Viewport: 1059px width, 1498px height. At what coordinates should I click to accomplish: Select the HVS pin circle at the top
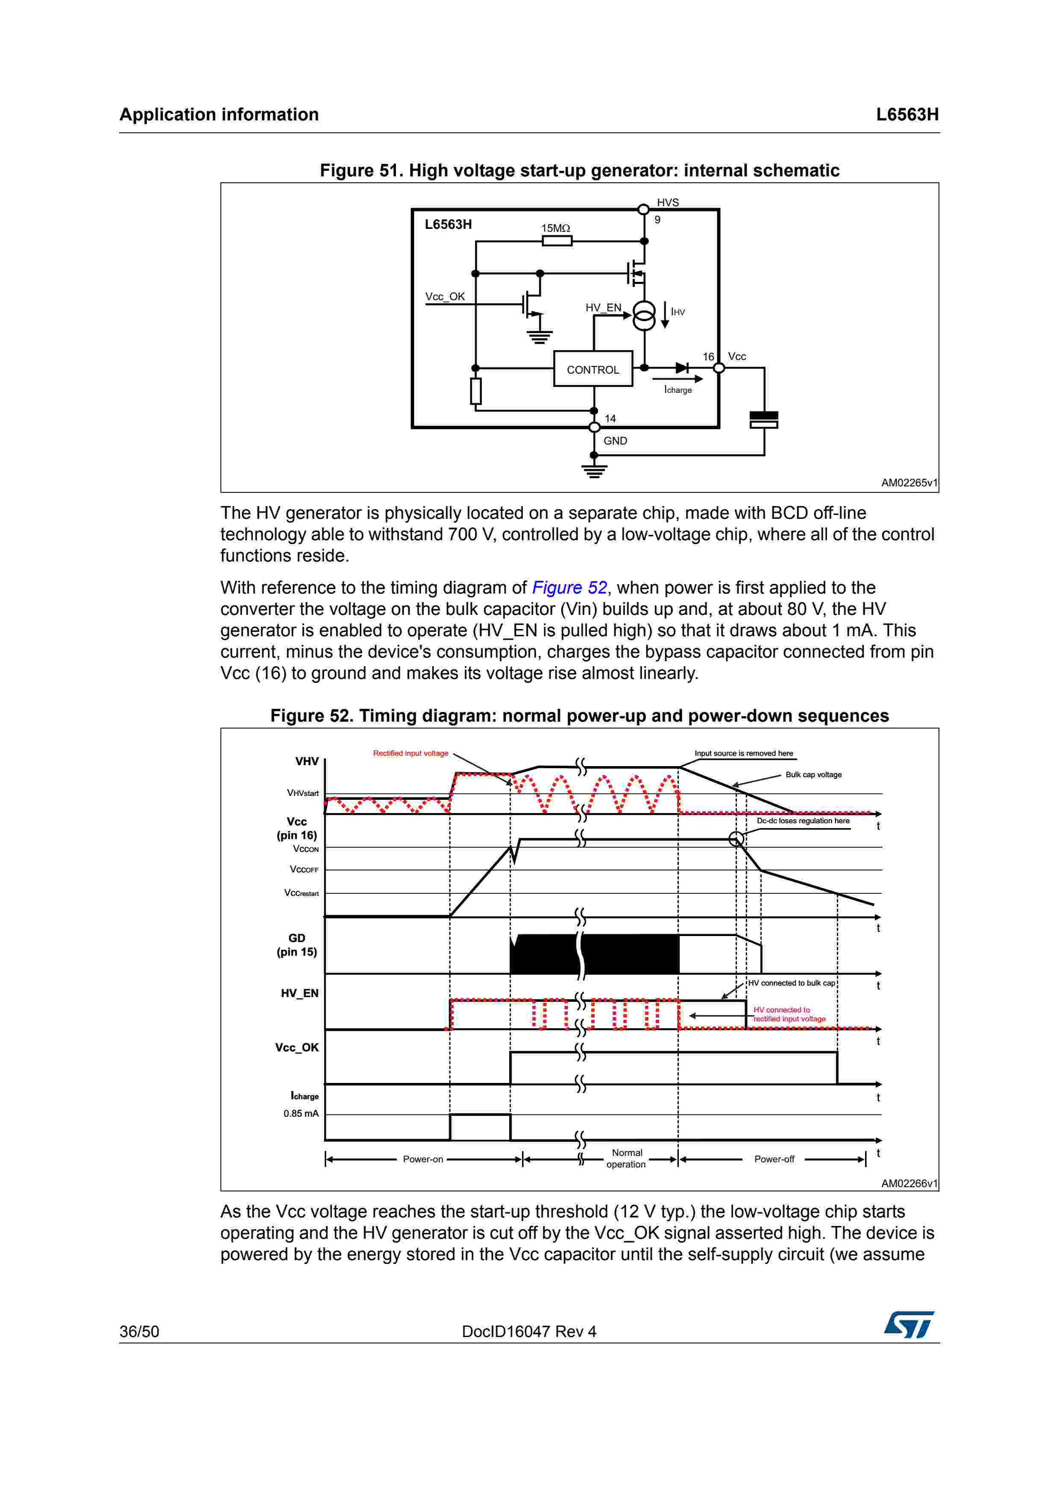pos(643,209)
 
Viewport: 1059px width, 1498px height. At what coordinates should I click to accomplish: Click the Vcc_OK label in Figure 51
pos(445,297)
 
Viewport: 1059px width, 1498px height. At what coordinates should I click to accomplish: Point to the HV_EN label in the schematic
pos(603,308)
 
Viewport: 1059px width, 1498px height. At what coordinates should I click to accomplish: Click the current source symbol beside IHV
pos(644,316)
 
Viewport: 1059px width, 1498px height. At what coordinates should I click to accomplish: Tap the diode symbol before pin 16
pos(682,368)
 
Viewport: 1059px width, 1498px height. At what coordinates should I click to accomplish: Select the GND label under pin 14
pos(615,441)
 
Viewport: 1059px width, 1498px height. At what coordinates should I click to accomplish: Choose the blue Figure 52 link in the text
pos(569,588)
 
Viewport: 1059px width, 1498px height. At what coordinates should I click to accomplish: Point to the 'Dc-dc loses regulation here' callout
pos(803,821)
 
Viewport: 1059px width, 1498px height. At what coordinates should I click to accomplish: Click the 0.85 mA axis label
pos(301,1114)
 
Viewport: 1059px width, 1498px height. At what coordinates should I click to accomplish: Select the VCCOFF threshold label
pos(304,870)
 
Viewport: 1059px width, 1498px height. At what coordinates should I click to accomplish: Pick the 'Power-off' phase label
pos(774,1159)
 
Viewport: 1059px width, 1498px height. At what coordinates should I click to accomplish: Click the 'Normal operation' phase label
pos(626,1159)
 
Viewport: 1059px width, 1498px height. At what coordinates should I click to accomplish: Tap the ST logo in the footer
pos(909,1325)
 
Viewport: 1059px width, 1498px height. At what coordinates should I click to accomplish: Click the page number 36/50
pos(139,1331)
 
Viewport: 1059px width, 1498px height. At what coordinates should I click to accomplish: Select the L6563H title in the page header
pos(907,115)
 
